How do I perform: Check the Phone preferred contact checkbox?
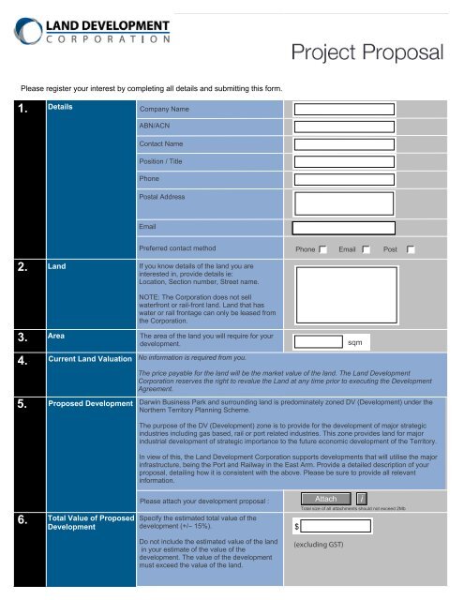pos(322,250)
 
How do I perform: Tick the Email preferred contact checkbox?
pos(367,250)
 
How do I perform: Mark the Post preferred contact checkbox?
pos(411,250)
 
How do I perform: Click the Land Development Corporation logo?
pos(91,28)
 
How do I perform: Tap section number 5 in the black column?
pos(22,406)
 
